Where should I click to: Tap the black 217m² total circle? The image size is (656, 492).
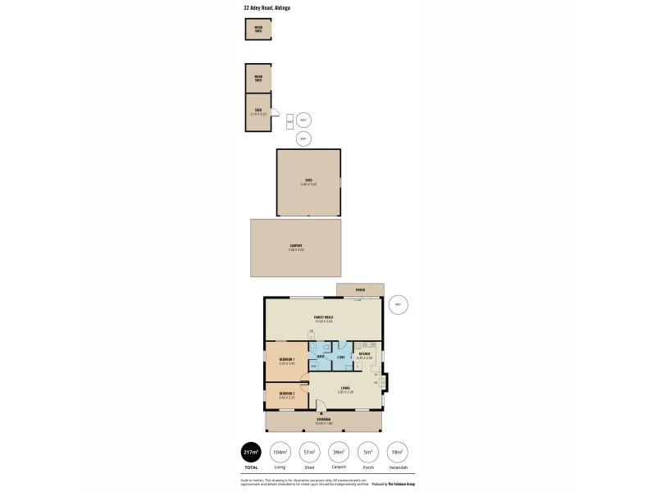251,453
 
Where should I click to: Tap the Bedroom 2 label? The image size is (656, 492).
286,393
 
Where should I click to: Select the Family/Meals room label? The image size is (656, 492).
323,317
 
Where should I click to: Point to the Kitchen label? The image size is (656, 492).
365,353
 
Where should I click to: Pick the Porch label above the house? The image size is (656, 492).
360,290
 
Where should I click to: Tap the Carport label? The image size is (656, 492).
296,245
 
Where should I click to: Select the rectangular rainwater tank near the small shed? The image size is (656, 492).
290,121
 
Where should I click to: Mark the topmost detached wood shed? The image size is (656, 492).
258,29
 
